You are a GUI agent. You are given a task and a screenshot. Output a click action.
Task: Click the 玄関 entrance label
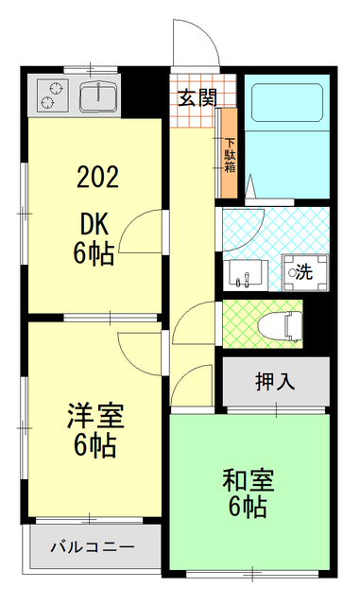pos(197,95)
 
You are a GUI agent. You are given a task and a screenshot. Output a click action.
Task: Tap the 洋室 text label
pos(94,415)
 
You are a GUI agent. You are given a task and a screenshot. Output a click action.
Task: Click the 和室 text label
pos(248,479)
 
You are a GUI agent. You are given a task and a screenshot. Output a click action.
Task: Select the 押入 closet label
pos(275,382)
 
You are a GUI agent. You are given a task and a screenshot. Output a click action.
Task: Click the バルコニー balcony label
pos(92,546)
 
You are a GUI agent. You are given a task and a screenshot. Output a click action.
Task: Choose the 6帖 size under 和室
pos(248,507)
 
